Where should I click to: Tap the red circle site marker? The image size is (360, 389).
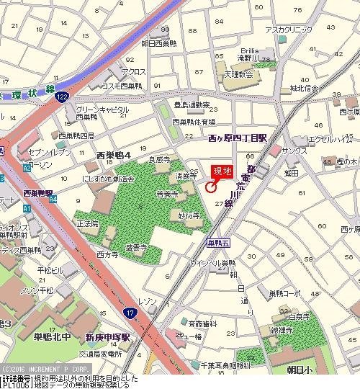pyautogui.click(x=211, y=187)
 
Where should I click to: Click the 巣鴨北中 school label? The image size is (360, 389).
pyautogui.click(x=46, y=336)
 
